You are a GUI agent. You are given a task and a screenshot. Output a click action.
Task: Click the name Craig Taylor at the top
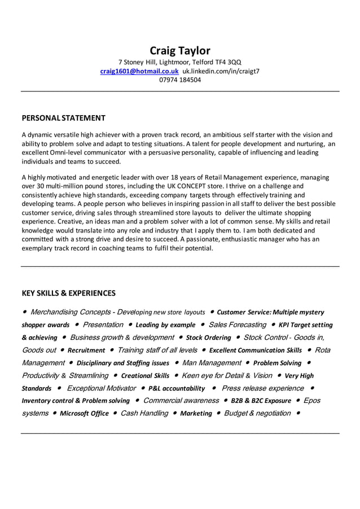point(179,51)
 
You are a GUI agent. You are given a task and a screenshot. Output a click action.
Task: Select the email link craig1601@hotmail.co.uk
point(139,71)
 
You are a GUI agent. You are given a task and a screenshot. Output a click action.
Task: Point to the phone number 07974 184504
point(179,80)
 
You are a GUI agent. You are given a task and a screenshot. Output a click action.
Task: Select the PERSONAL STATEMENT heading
point(63,118)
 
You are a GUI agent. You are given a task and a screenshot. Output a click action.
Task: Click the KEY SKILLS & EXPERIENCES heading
point(68,293)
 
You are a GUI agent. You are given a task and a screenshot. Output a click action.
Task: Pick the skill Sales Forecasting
point(237,324)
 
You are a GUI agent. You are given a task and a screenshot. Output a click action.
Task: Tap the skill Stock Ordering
point(208,338)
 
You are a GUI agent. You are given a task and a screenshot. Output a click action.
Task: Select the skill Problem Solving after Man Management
point(277,363)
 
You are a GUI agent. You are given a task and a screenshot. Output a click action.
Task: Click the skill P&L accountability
point(177,388)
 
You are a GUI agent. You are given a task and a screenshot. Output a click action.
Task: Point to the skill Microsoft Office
point(84,414)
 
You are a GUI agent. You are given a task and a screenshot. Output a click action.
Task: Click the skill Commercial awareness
point(181,401)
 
